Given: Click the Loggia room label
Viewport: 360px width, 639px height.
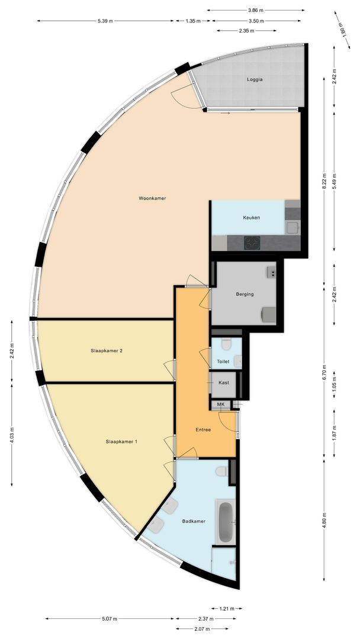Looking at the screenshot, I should [x=254, y=79].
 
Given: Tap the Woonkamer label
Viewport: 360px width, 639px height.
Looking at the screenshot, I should [x=152, y=198].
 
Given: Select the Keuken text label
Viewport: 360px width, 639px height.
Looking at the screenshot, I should [x=252, y=218].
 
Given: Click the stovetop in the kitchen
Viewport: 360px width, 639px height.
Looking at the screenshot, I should [x=253, y=242].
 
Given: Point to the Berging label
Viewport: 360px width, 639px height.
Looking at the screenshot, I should [x=245, y=294].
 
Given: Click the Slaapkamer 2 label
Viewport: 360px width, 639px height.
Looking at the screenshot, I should [x=107, y=351].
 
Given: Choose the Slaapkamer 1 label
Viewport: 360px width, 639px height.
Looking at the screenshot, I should [x=122, y=441].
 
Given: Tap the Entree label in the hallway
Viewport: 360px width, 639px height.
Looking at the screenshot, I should [x=204, y=431].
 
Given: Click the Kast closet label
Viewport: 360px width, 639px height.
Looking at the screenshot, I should [x=224, y=383].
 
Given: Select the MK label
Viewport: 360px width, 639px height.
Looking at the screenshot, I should [x=221, y=405].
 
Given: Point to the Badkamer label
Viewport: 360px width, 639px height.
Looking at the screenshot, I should [x=194, y=521].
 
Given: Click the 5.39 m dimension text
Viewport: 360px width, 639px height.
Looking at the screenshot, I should [x=107, y=21].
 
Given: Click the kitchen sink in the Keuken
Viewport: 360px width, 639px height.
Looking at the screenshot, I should [x=292, y=227].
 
